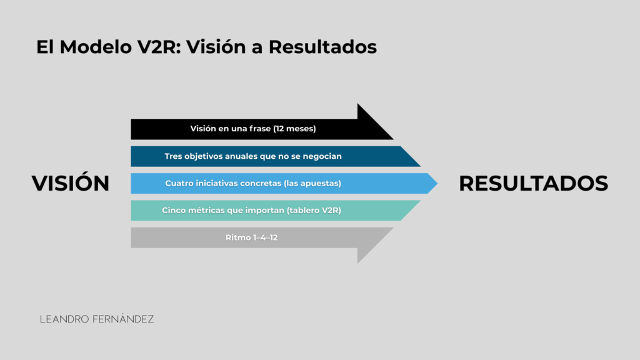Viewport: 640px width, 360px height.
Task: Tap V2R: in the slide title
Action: click(x=159, y=46)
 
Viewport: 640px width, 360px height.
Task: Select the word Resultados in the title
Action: click(x=322, y=46)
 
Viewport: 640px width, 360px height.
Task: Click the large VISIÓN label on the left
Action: click(x=71, y=183)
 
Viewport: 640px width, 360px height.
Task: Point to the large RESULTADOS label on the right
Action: click(x=534, y=183)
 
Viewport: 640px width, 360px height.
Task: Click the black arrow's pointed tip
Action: click(x=393, y=139)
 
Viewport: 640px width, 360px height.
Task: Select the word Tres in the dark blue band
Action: click(x=173, y=156)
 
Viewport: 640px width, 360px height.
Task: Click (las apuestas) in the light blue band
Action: click(x=312, y=183)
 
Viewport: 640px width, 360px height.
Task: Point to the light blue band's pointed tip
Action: click(x=437, y=183)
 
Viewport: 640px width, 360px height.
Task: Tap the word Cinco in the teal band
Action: click(x=172, y=210)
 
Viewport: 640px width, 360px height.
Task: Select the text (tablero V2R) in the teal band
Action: click(x=314, y=210)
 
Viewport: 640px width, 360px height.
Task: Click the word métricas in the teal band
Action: click(x=202, y=210)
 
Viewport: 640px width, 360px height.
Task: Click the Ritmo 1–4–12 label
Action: click(x=251, y=237)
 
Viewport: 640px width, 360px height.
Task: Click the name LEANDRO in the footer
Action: click(x=64, y=319)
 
